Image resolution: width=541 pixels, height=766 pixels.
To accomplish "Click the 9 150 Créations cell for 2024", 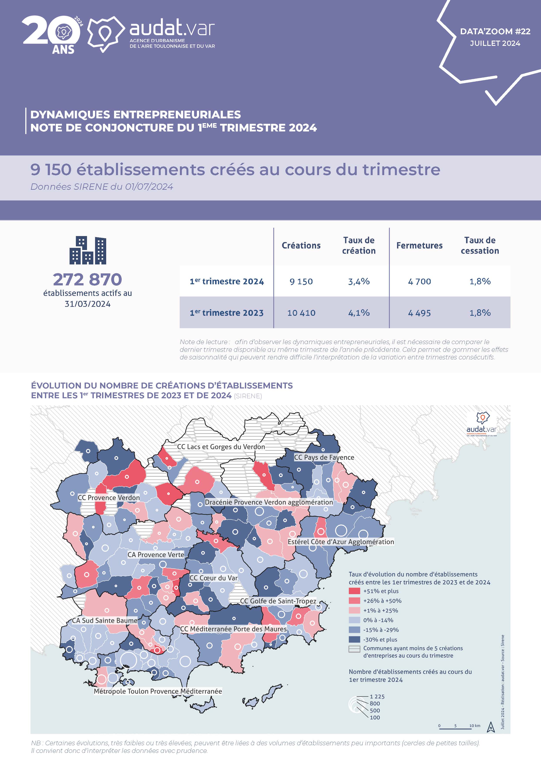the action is (x=301, y=282).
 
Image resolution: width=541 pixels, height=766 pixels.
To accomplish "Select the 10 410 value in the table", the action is (x=301, y=313).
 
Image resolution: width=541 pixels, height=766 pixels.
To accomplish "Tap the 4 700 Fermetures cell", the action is (x=419, y=282).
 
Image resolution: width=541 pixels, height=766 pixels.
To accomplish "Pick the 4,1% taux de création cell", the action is (x=359, y=313).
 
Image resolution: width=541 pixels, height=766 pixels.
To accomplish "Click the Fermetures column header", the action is (x=419, y=246).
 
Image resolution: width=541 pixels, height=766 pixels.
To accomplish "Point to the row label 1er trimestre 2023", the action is (x=227, y=313).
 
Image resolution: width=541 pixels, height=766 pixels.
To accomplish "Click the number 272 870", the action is (x=88, y=279).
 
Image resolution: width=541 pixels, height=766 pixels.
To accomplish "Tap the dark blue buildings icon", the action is (x=88, y=250).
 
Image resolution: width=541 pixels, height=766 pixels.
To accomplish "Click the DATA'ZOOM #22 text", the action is (x=495, y=31).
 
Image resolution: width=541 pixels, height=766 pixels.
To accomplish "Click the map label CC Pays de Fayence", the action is (x=324, y=457).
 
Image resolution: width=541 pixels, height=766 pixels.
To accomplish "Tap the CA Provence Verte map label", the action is (x=156, y=554).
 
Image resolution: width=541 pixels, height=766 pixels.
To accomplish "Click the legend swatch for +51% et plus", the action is (x=354, y=591).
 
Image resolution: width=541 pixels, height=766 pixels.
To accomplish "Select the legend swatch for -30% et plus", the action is (x=354, y=640).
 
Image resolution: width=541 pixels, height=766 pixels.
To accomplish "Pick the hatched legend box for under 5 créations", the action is (x=354, y=649).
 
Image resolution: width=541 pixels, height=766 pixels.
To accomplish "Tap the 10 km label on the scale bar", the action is (x=475, y=726).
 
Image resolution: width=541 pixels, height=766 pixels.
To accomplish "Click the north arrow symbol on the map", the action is (x=491, y=727).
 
